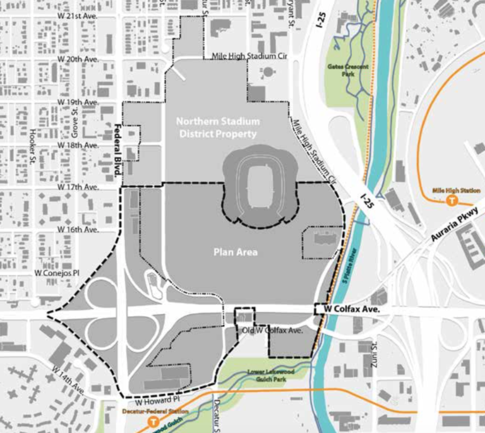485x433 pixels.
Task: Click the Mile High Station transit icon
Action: tap(452, 201)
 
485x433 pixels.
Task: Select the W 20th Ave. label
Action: tap(78, 58)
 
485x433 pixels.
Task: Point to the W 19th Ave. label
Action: tap(78, 102)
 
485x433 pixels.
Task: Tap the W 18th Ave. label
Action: tap(78, 145)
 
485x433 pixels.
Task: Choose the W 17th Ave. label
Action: tap(78, 187)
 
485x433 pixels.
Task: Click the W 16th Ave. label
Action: tap(78, 230)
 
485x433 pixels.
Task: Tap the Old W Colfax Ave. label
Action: tap(272, 330)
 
